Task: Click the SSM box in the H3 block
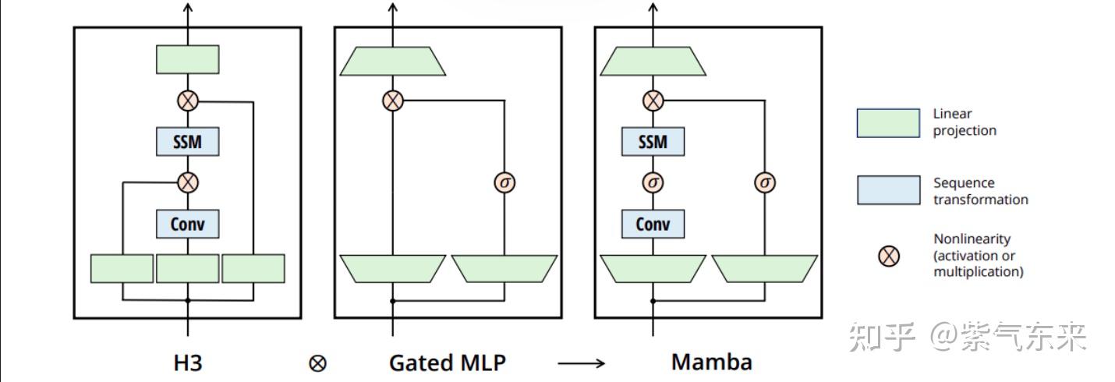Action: (x=187, y=142)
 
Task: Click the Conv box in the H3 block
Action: (x=187, y=224)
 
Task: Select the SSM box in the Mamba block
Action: (x=653, y=142)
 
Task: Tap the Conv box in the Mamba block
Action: (x=653, y=224)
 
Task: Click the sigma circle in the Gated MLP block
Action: (x=504, y=182)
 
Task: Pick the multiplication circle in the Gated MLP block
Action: (x=393, y=100)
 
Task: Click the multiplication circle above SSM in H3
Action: (x=187, y=100)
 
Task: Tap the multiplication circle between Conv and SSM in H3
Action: (x=187, y=182)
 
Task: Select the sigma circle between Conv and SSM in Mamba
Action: (x=653, y=182)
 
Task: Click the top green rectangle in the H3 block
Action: (x=187, y=59)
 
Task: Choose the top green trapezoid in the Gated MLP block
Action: (x=393, y=61)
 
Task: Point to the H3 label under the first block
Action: (x=187, y=363)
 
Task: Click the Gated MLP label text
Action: (x=447, y=363)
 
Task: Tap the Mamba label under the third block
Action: (x=711, y=363)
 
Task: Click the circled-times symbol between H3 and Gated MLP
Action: (x=317, y=363)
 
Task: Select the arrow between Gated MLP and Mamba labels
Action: (x=581, y=363)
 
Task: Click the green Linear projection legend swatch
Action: (x=888, y=122)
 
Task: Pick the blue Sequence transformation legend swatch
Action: (x=888, y=190)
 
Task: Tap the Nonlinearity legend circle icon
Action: (x=888, y=255)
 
